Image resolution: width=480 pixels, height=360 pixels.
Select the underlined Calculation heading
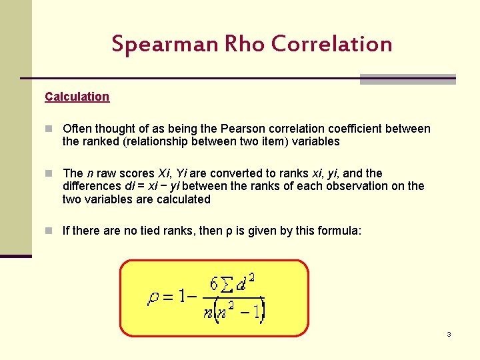click(x=77, y=97)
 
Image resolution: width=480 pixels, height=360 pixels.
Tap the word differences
click(x=92, y=186)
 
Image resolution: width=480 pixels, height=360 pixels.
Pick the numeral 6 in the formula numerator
click(x=213, y=284)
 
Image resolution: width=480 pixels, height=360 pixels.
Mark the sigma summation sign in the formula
click(x=227, y=285)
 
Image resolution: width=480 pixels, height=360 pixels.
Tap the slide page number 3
click(x=449, y=334)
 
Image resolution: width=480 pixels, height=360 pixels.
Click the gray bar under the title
click(x=407, y=79)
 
